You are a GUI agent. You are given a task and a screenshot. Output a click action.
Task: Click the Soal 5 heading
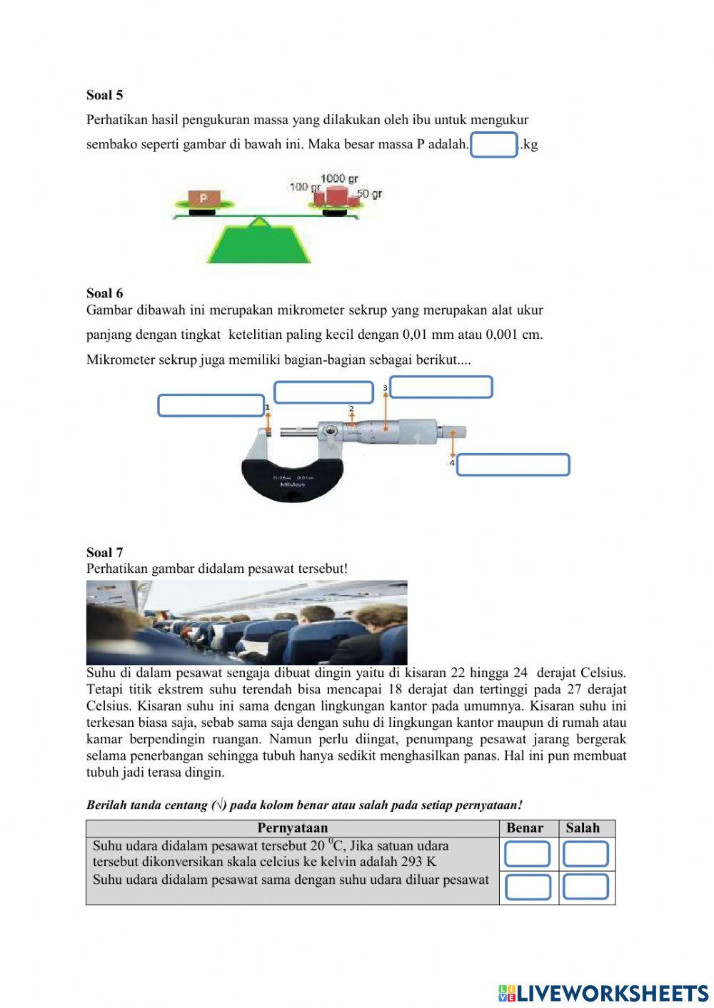pos(104,95)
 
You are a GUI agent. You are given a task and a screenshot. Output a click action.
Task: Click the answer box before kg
pos(493,145)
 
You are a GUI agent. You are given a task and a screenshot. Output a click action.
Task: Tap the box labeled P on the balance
pos(203,198)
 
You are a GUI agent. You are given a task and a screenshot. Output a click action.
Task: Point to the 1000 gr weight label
pos(339,178)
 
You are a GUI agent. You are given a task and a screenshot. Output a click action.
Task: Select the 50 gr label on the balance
pos(370,193)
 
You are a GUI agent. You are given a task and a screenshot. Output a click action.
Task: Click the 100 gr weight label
pos(305,187)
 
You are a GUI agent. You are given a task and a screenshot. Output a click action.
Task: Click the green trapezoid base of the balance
pos(258,245)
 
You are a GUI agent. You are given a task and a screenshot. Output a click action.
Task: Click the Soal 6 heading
pos(104,293)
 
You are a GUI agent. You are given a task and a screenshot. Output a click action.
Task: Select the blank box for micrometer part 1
pos(211,405)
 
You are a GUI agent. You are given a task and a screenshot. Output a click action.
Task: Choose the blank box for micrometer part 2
pos(323,392)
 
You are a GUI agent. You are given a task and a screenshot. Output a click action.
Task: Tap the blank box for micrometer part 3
pos(441,387)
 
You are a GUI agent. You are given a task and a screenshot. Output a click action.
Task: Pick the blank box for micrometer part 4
pos(513,464)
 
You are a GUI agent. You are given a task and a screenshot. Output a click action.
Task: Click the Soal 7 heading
pos(104,552)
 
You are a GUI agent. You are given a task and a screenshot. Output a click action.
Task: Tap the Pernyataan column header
pos(292,828)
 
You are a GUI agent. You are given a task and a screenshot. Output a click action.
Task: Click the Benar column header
pos(525,828)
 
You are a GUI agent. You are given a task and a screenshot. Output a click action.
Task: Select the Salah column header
pos(583,828)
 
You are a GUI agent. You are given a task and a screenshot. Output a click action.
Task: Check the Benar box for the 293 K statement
pos(528,854)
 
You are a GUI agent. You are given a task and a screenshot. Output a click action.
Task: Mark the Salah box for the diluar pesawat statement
pos(585,887)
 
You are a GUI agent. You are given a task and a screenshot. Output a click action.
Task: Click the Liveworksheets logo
pos(603,993)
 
